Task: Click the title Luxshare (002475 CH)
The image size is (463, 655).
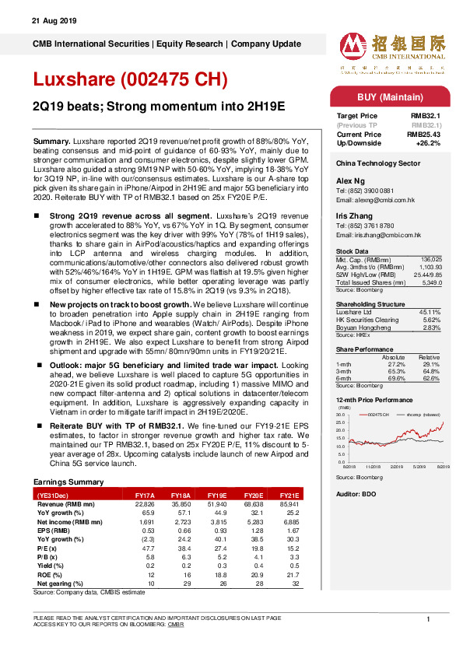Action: (x=129, y=79)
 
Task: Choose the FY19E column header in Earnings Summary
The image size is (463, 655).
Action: (x=217, y=495)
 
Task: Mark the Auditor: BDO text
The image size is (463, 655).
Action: (x=356, y=495)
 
